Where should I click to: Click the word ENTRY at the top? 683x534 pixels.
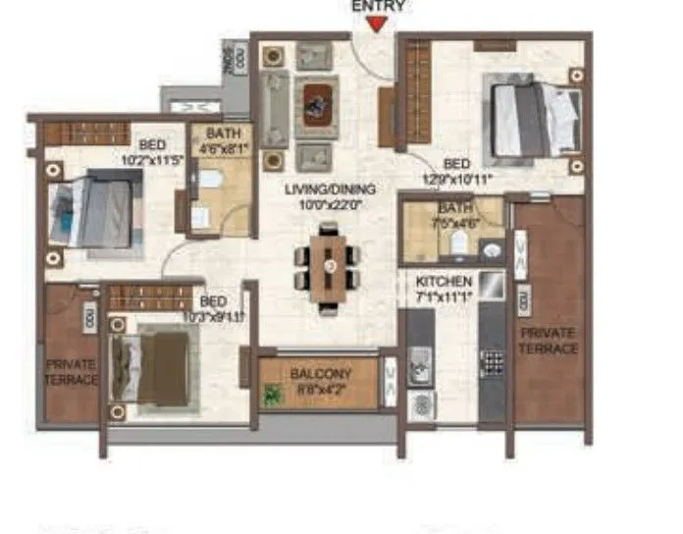[377, 6]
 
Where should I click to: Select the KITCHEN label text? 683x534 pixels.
[444, 281]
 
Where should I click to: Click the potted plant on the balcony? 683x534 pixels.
[272, 395]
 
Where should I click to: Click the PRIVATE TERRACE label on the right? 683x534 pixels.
[550, 339]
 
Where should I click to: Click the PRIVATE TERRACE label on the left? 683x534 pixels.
[71, 372]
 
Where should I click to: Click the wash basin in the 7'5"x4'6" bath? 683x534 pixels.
[491, 250]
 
